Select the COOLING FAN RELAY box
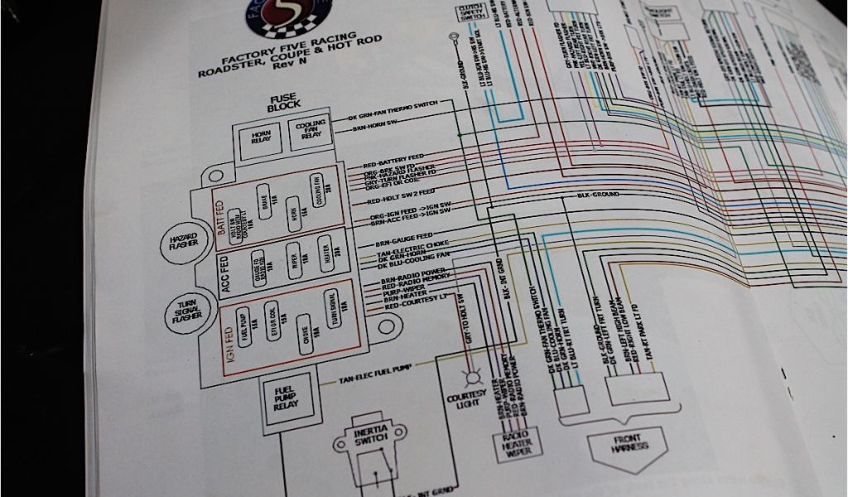pos(309,133)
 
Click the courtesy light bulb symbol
pos(475,378)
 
